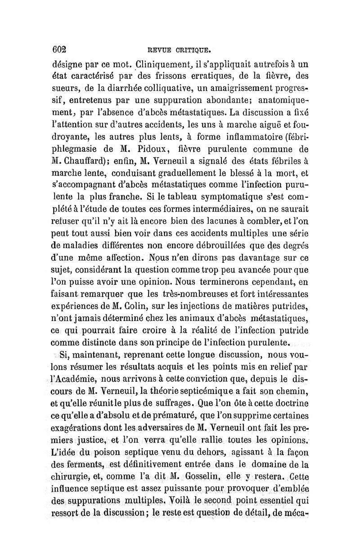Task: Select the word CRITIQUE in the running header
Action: click(x=192, y=50)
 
